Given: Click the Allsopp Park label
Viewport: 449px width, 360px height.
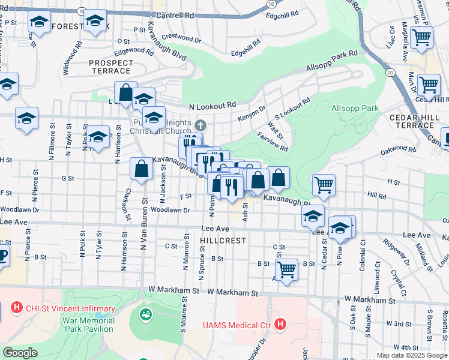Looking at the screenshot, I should pos(355,109).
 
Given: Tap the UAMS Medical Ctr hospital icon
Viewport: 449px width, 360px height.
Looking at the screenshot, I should pos(279,325).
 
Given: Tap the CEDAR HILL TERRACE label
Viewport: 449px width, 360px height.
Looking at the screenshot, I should pos(411,121).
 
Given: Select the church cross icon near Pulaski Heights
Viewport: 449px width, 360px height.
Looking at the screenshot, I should pos(200,126).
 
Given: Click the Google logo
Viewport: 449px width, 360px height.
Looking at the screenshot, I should pos(20,353).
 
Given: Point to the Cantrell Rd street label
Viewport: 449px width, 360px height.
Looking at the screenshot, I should pos(174,15).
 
